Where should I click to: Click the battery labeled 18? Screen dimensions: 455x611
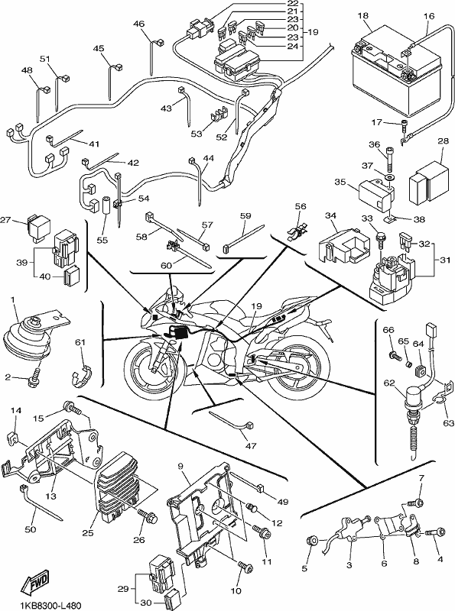(x=398, y=74)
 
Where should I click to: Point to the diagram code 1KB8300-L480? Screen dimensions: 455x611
(x=46, y=606)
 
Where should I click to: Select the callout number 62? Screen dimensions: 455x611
(x=389, y=383)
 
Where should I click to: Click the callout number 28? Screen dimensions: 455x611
(x=444, y=141)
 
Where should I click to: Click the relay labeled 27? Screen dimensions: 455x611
(x=38, y=225)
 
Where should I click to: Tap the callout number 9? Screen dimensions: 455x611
(x=180, y=466)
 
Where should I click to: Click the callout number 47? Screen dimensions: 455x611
(x=251, y=445)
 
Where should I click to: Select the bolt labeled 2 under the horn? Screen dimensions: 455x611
(x=33, y=377)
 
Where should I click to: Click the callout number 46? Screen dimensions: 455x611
(x=139, y=24)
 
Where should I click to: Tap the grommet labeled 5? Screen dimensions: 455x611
(x=312, y=541)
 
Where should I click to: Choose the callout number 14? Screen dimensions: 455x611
(x=15, y=410)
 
